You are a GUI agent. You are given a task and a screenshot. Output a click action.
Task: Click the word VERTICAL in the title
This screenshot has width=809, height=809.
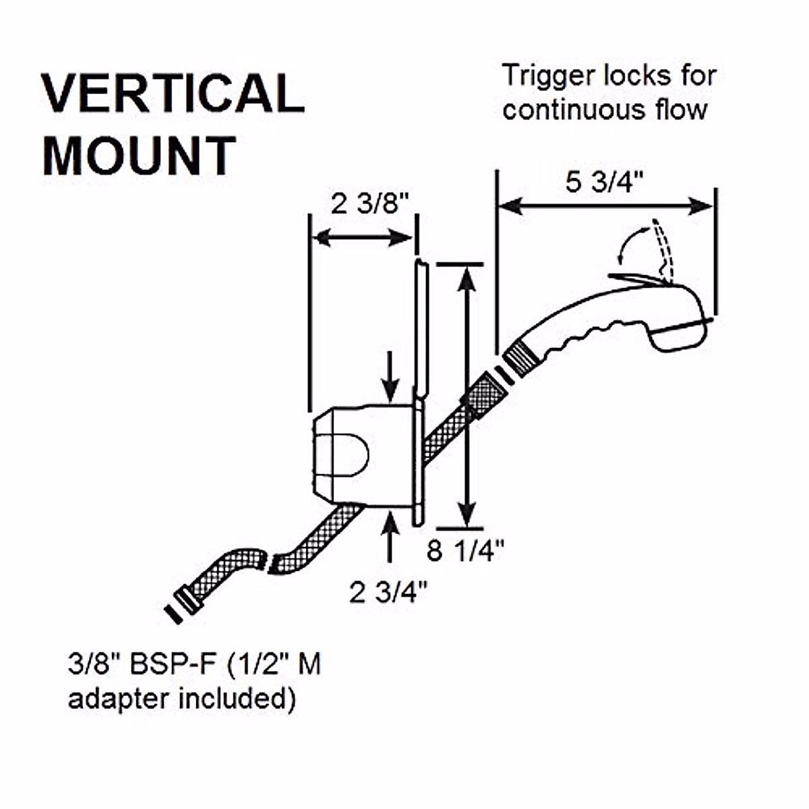tap(173, 93)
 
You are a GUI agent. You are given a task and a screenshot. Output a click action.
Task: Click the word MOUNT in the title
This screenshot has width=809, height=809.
tap(140, 156)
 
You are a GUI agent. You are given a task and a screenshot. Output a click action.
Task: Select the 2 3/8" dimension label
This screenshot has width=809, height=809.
tap(370, 204)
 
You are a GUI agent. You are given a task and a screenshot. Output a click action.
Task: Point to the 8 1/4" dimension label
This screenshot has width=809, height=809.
tap(466, 551)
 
